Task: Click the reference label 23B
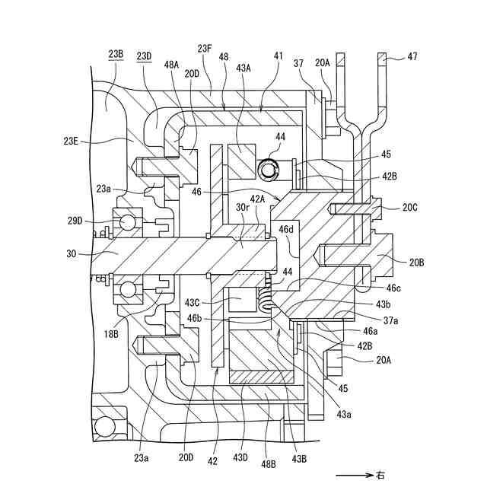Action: click(116, 54)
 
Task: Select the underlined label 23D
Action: click(144, 56)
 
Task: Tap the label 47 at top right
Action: click(412, 57)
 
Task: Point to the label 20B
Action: click(416, 263)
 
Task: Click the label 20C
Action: click(410, 208)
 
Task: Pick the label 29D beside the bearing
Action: click(75, 221)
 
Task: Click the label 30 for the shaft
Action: click(71, 253)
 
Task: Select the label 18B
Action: click(111, 334)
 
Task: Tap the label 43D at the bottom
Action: click(240, 457)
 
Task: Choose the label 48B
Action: click(269, 464)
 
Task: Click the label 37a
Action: click(390, 320)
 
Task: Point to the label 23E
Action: click(71, 142)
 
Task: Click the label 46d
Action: click(286, 230)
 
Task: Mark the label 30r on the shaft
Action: click(243, 207)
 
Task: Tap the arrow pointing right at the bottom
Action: click(355, 475)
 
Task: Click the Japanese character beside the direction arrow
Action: click(380, 475)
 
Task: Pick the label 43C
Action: click(193, 302)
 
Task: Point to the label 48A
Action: click(172, 65)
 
